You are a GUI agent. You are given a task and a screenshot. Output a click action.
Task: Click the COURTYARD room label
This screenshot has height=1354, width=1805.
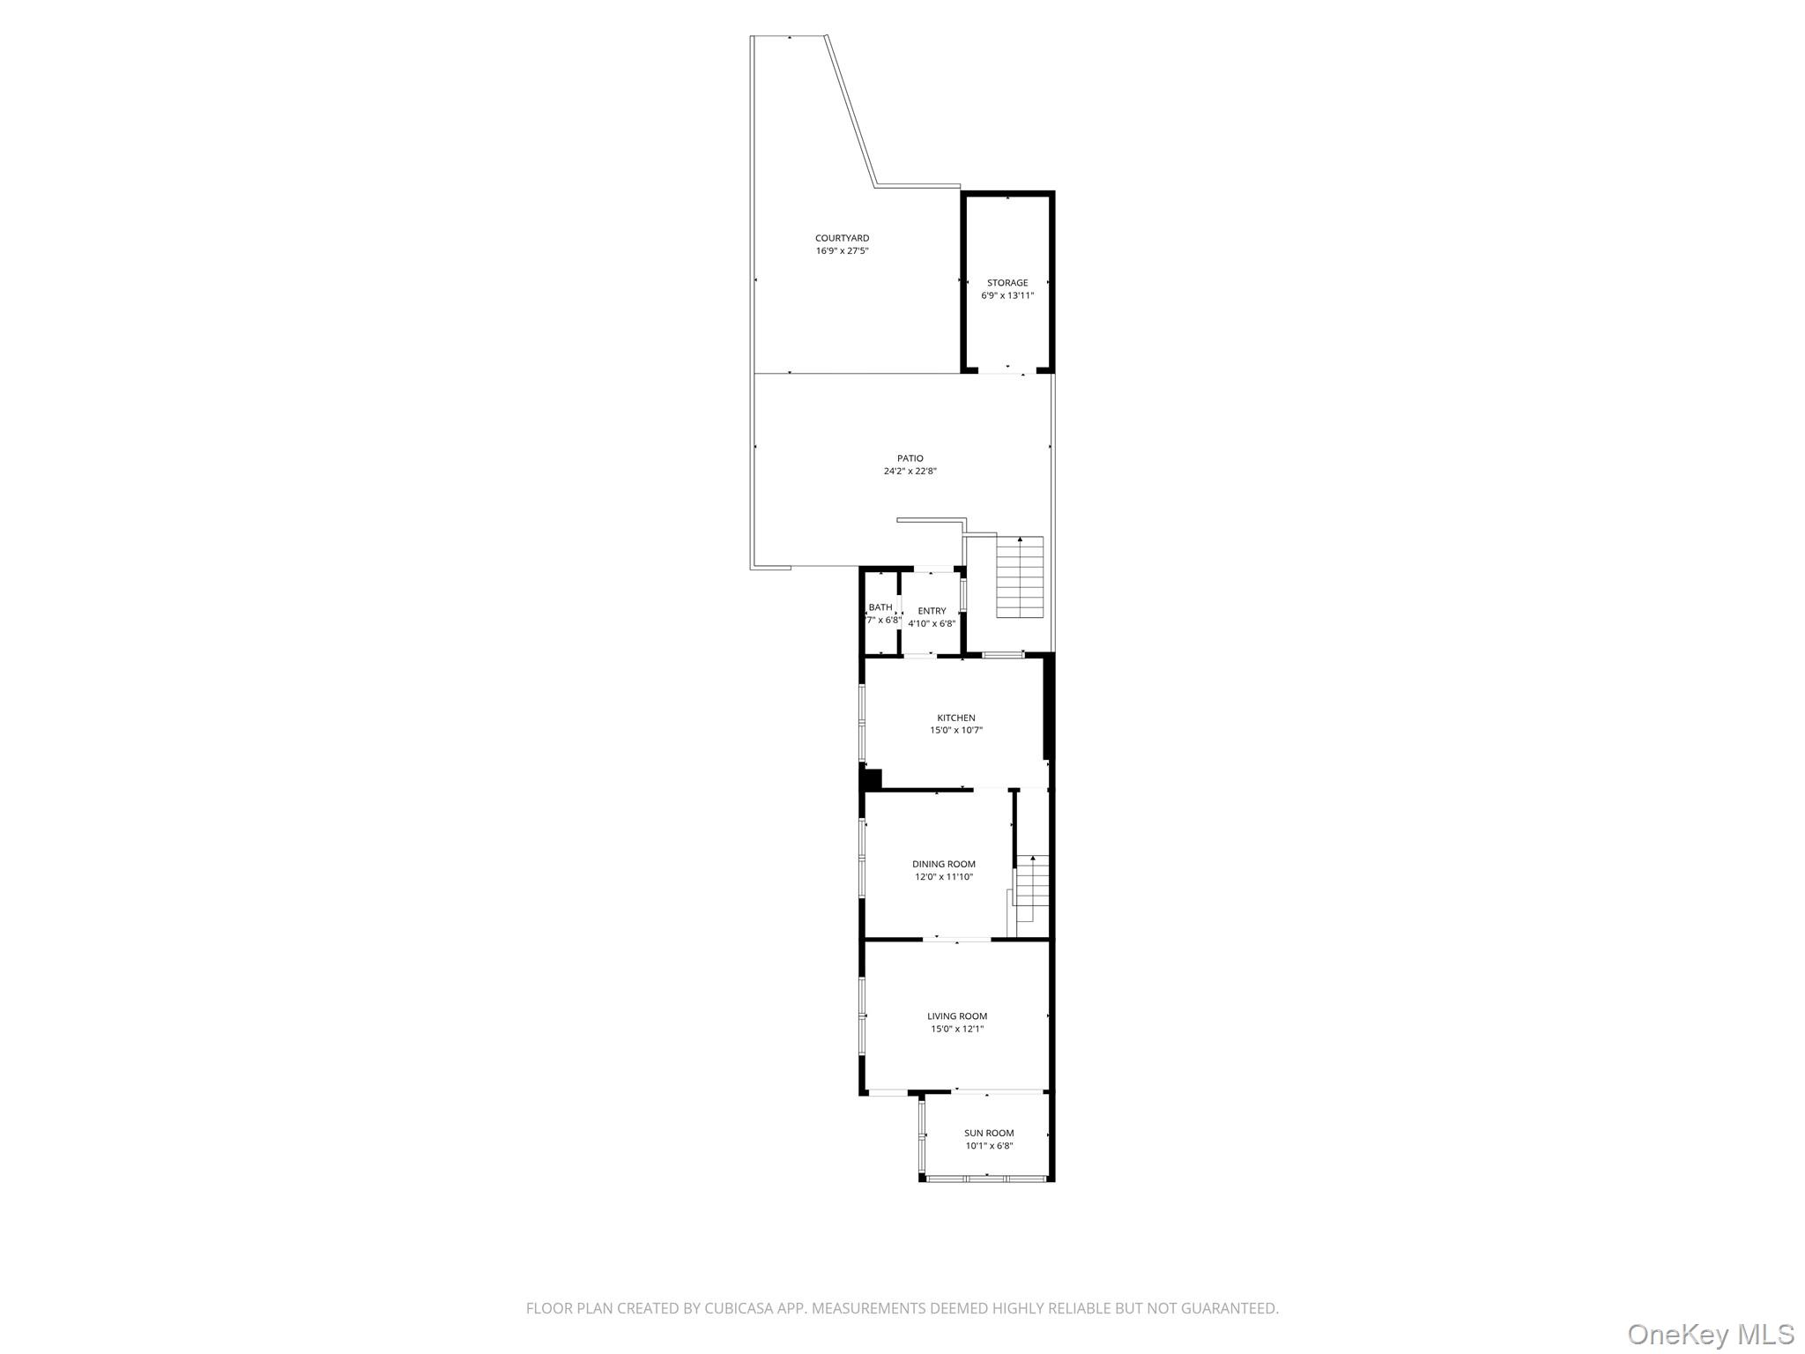(x=842, y=238)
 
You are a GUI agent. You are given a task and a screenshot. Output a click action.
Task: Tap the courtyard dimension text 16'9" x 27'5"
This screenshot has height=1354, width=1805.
(x=842, y=251)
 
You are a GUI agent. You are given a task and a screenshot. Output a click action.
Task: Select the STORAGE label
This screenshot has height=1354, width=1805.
(x=1007, y=283)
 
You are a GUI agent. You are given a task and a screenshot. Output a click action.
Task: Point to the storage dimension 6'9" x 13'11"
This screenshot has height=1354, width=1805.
(x=1007, y=296)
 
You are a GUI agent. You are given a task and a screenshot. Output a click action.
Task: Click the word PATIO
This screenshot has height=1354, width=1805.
(x=910, y=458)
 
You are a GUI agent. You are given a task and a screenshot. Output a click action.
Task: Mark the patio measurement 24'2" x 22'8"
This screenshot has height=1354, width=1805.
(x=910, y=472)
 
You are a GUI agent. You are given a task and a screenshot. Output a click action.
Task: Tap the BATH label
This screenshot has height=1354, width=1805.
(x=880, y=607)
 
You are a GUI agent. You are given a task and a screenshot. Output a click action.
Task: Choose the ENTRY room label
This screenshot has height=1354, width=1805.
(x=932, y=611)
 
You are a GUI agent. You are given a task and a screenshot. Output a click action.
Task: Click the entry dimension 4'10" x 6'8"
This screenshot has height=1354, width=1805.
(x=932, y=624)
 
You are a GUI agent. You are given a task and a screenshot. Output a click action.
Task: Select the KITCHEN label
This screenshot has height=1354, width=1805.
(x=956, y=718)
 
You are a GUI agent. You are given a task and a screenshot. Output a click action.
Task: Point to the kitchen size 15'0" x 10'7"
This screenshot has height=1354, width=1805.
(x=956, y=731)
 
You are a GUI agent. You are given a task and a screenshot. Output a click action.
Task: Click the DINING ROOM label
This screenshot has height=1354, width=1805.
(x=944, y=864)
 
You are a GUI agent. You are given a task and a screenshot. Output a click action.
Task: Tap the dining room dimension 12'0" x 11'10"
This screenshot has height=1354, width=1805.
(x=944, y=877)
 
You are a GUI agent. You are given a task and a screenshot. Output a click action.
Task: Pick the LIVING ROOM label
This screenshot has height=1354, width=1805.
(x=957, y=1016)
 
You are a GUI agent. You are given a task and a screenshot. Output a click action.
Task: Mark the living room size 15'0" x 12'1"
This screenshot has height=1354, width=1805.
(x=957, y=1029)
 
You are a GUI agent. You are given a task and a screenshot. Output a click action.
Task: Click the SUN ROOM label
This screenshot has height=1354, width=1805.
(x=989, y=1134)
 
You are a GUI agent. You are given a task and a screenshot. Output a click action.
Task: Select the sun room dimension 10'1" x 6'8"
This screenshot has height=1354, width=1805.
(x=989, y=1146)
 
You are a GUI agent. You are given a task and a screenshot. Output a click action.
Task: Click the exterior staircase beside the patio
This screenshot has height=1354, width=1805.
(x=1020, y=577)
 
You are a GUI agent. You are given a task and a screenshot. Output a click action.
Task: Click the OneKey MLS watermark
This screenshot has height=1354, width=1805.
(x=1711, y=1334)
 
